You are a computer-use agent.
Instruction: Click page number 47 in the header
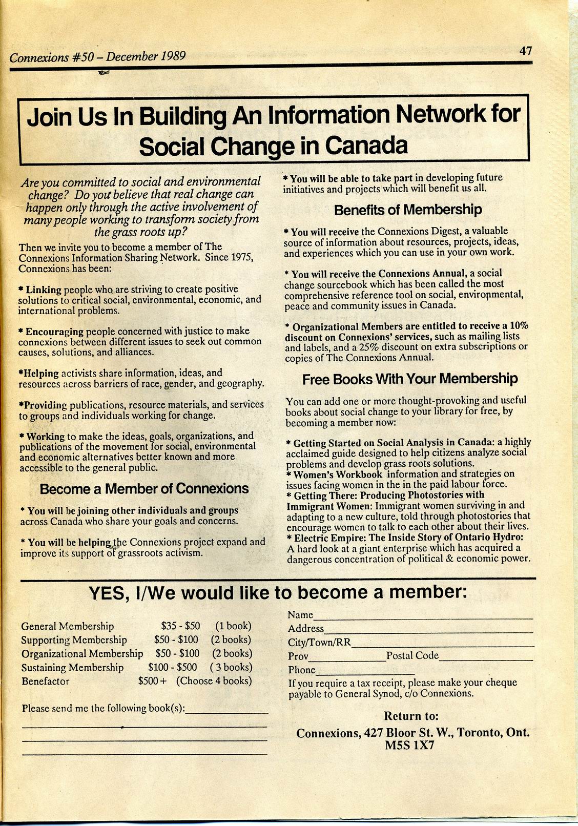pyautogui.click(x=526, y=51)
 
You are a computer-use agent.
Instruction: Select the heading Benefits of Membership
pyautogui.click(x=408, y=210)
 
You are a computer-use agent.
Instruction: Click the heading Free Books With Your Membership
pyautogui.click(x=409, y=379)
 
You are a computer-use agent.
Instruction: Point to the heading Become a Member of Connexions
pyautogui.click(x=144, y=489)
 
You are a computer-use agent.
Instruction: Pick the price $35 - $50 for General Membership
pyautogui.click(x=180, y=626)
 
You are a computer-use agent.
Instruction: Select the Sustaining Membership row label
pyautogui.click(x=72, y=668)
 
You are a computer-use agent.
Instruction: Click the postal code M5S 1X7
pyautogui.click(x=410, y=746)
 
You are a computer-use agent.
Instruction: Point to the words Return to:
pyautogui.click(x=411, y=716)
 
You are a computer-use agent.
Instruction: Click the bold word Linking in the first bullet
pyautogui.click(x=44, y=290)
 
